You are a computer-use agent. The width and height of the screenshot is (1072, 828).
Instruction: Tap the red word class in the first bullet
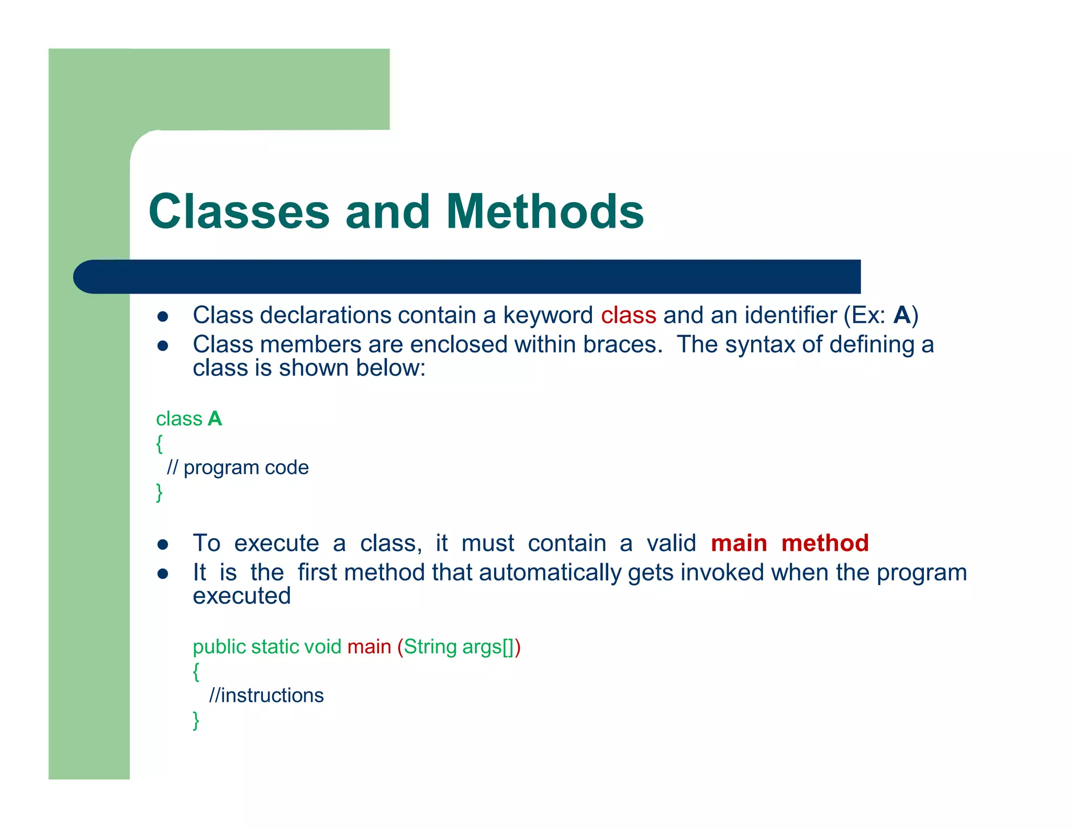(628, 316)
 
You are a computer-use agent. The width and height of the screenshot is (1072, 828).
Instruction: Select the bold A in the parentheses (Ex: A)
(902, 316)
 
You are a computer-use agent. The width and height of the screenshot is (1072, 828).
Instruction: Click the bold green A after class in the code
(215, 419)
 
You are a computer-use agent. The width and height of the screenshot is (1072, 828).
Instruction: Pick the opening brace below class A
(160, 443)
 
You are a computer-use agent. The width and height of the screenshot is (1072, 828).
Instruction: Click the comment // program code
(238, 467)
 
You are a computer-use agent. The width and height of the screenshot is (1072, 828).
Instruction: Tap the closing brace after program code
(160, 493)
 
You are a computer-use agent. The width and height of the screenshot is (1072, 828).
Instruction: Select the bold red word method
(825, 543)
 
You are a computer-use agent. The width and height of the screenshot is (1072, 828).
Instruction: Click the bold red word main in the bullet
(739, 543)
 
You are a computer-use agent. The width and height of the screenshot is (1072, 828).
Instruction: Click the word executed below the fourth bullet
(241, 596)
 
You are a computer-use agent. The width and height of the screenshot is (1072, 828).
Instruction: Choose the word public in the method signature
(219, 647)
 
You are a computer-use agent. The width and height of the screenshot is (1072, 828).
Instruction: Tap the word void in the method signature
(322, 647)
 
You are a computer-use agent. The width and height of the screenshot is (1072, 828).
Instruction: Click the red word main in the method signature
(369, 647)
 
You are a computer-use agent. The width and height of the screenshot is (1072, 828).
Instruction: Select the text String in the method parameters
(430, 647)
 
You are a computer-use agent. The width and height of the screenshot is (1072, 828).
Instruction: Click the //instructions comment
(266, 696)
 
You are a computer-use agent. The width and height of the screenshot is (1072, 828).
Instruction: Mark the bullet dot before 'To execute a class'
(163, 545)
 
